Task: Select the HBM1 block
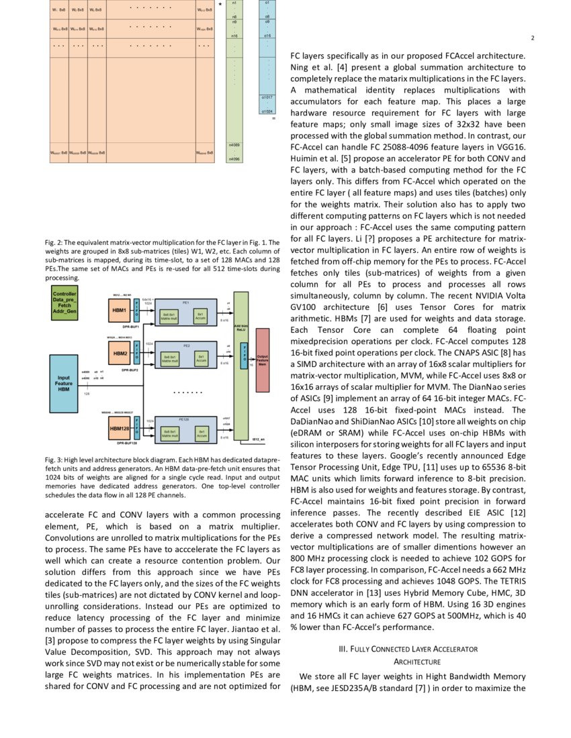tap(120, 311)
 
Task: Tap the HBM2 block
tap(120, 353)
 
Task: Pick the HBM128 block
tap(120, 426)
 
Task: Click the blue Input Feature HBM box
tap(64, 383)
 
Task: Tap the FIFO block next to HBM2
tap(138, 353)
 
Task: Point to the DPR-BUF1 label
tap(130, 327)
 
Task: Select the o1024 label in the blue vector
tap(267, 111)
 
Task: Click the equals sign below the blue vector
tap(273, 119)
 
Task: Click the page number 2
tap(531, 38)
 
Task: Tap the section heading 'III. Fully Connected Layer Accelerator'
tap(408, 649)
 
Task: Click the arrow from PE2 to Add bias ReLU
tap(225, 355)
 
